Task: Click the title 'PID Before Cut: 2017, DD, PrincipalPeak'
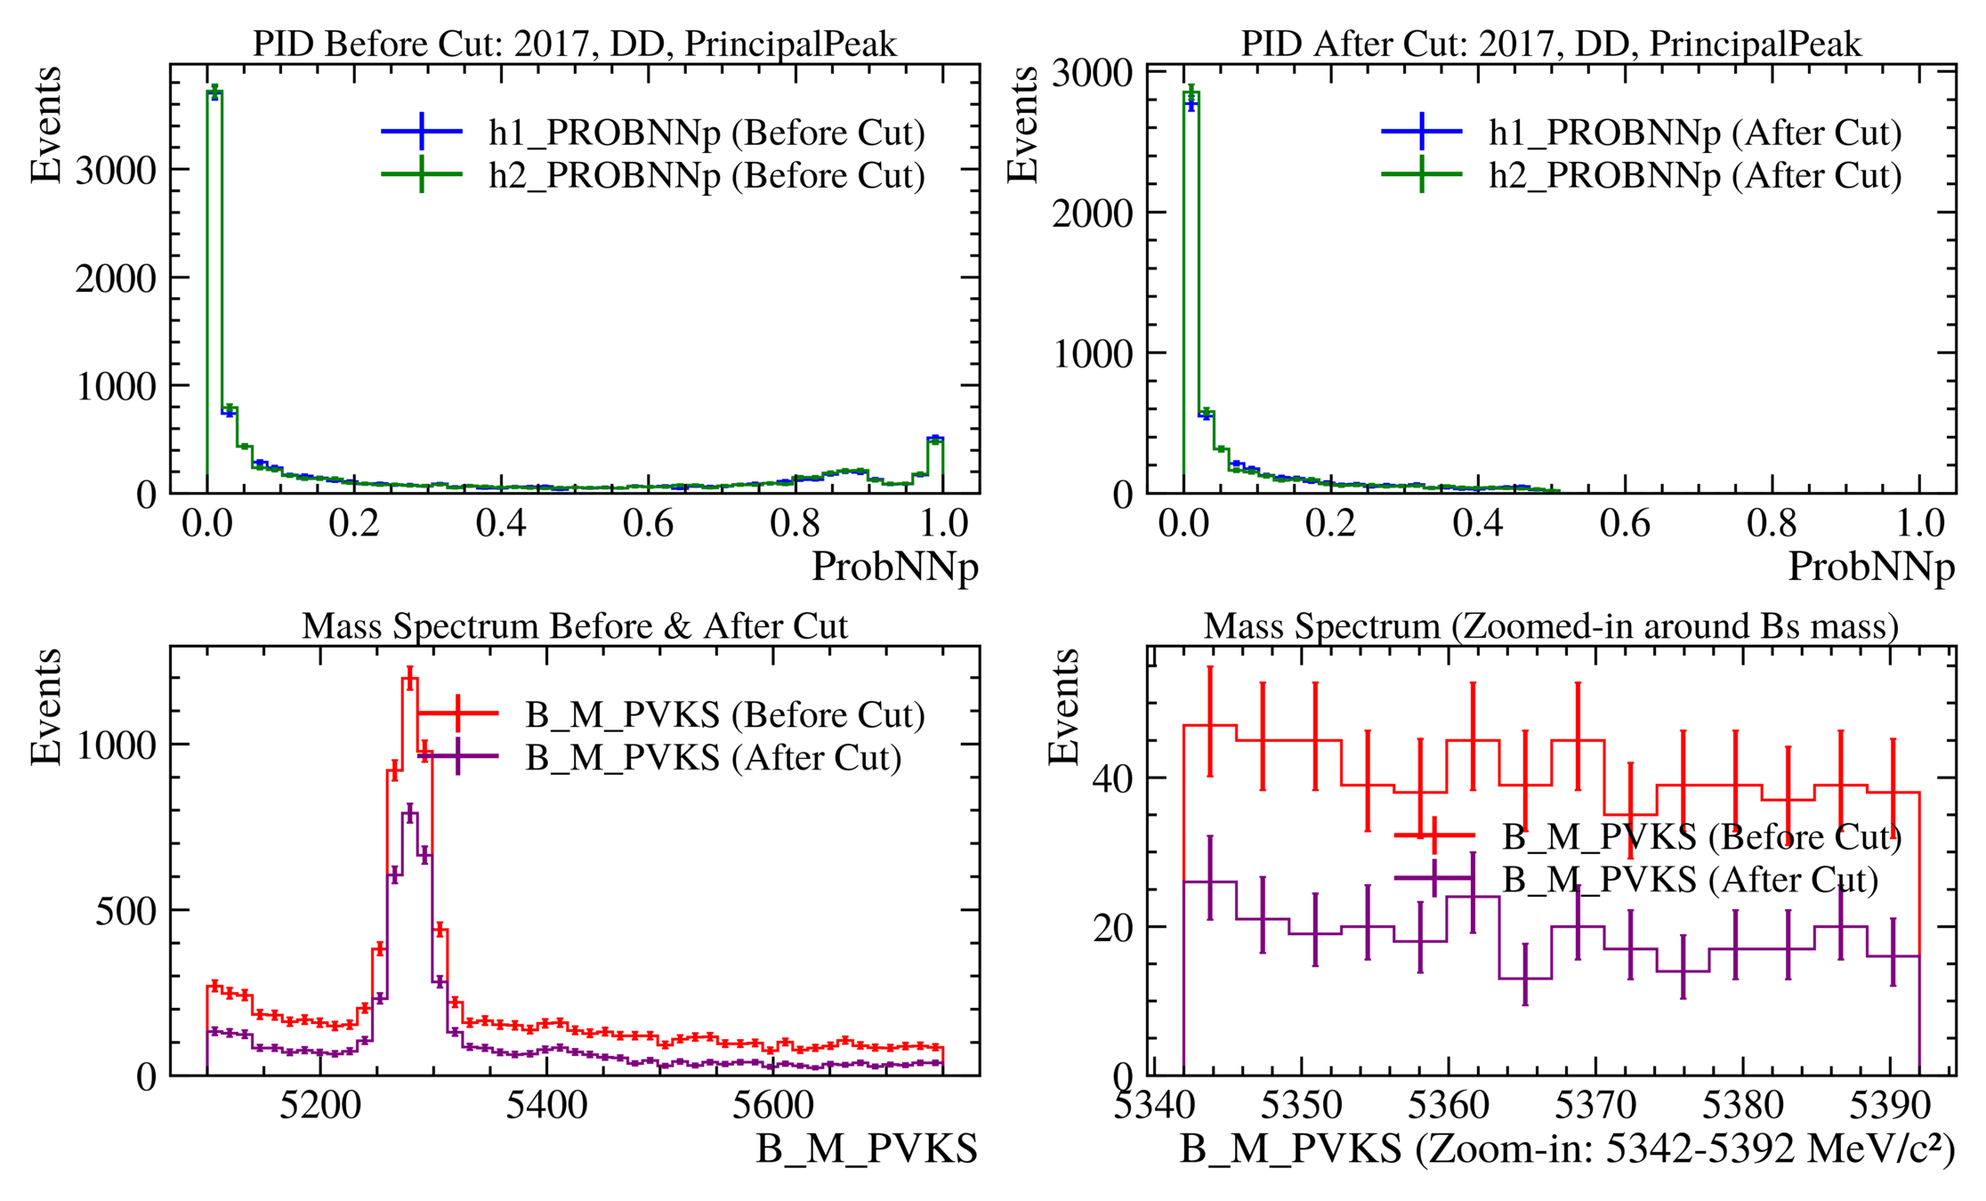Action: [x=575, y=44]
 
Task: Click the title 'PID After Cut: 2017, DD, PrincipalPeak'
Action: [x=1551, y=44]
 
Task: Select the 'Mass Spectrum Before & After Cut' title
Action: [x=575, y=626]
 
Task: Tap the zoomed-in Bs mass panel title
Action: [x=1551, y=626]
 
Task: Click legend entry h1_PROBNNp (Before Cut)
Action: [x=706, y=133]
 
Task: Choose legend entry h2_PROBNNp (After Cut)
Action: [x=1695, y=175]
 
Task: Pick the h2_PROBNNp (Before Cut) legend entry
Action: [x=706, y=175]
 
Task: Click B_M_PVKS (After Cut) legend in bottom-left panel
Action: [x=713, y=758]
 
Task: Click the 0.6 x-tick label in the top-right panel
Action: [x=1625, y=523]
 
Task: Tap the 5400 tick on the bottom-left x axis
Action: [x=546, y=1106]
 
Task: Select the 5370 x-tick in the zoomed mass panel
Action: [x=1595, y=1106]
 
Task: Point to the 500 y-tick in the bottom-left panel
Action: [x=125, y=910]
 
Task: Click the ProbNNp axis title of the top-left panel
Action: [x=894, y=567]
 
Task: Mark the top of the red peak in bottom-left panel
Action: [x=409, y=679]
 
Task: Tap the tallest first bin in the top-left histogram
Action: [x=214, y=92]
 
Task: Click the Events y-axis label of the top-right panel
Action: [x=1023, y=125]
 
